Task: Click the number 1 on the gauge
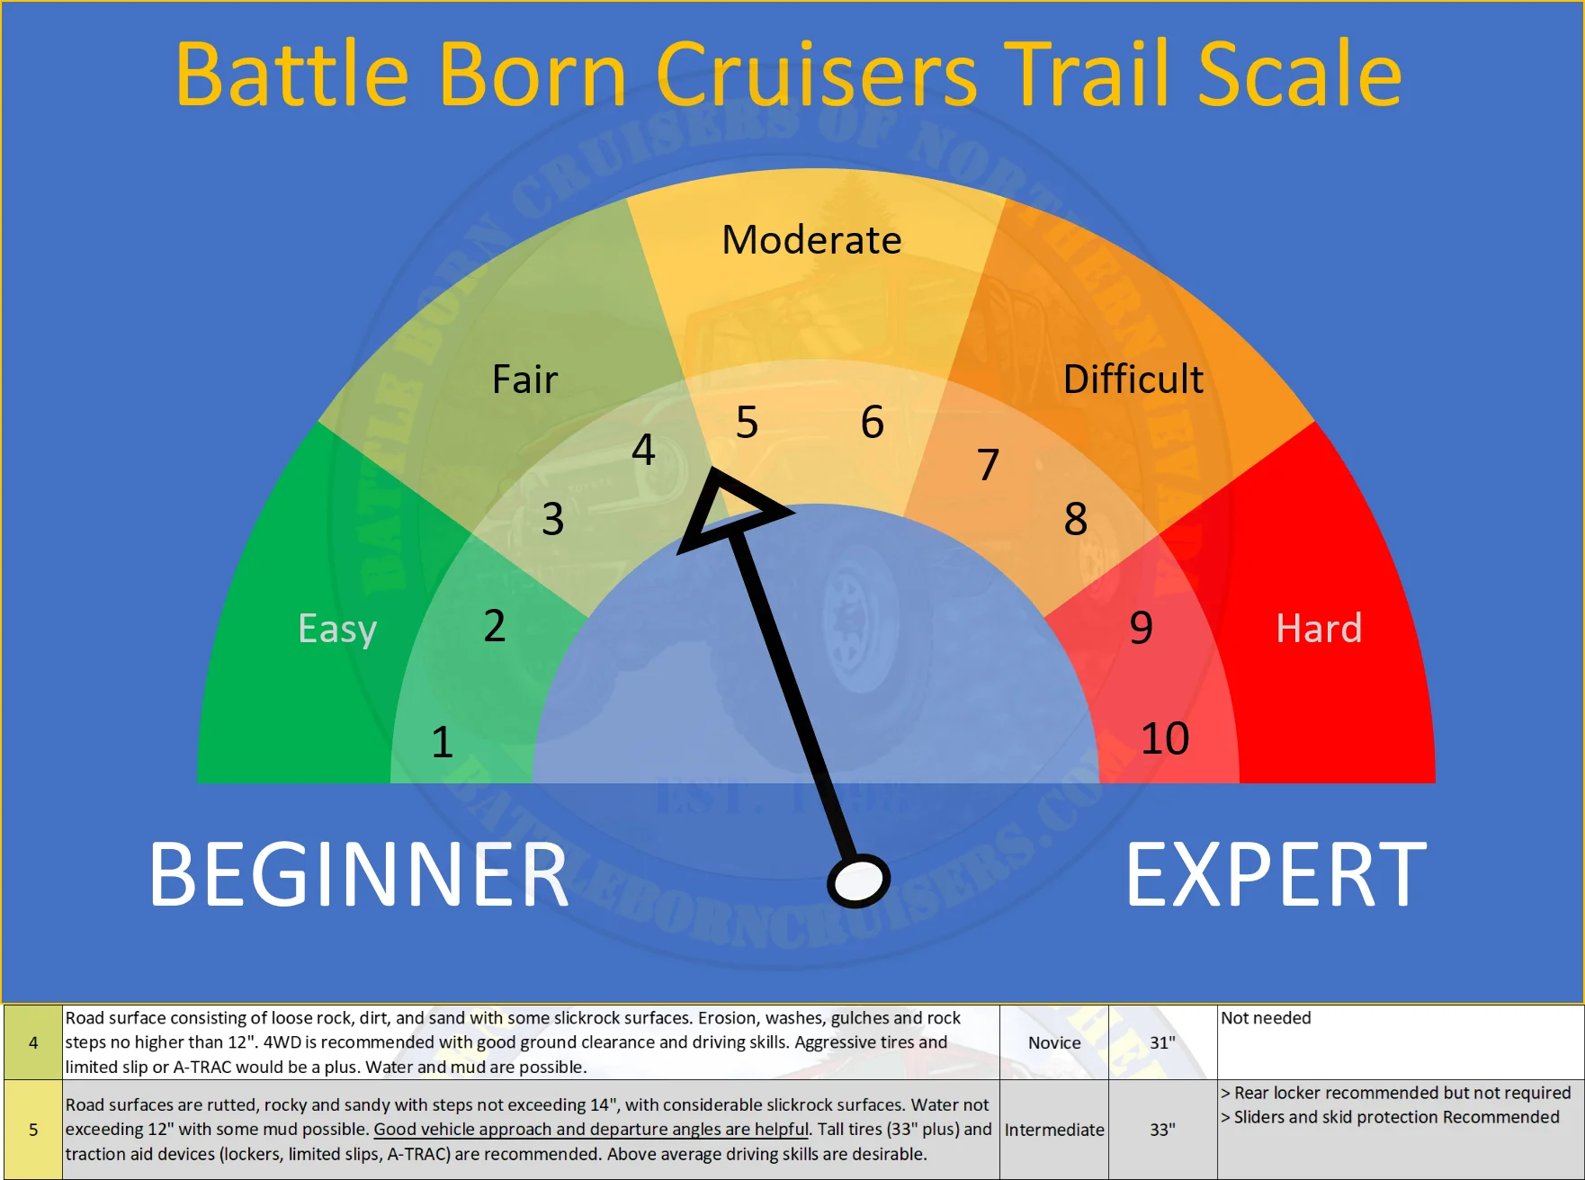click(x=442, y=742)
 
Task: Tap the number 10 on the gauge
click(x=1165, y=738)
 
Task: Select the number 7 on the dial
click(x=988, y=465)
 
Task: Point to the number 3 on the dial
click(x=552, y=519)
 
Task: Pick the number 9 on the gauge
click(x=1141, y=628)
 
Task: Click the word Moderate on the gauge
click(x=811, y=240)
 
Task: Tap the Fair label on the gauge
click(x=524, y=379)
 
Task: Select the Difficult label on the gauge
click(x=1133, y=379)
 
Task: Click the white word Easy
click(x=337, y=629)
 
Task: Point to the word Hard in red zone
click(x=1319, y=628)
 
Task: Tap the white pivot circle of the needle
click(x=858, y=881)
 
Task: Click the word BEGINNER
click(x=359, y=874)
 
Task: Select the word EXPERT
click(x=1276, y=874)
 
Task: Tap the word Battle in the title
click(x=292, y=74)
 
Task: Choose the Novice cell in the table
click(x=1054, y=1042)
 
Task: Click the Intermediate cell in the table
click(x=1054, y=1130)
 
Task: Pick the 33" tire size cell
click(x=1162, y=1130)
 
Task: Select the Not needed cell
click(x=1266, y=1018)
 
